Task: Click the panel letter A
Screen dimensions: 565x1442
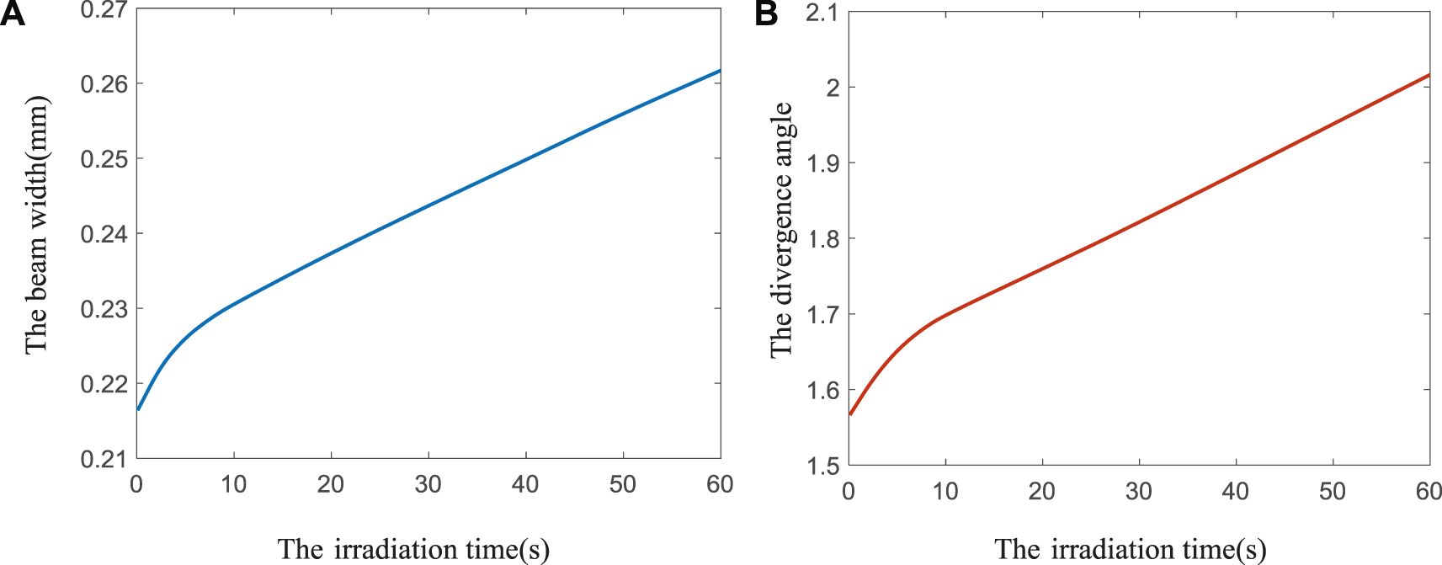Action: [x=13, y=14]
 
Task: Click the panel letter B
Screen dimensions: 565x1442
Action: [x=766, y=14]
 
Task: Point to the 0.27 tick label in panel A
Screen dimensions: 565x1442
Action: [x=104, y=10]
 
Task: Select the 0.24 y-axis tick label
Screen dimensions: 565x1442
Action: [x=104, y=234]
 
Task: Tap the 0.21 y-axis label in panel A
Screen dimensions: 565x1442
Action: [x=104, y=459]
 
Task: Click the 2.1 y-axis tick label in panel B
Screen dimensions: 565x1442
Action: [x=822, y=13]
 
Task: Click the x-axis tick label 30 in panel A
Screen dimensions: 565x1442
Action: [x=428, y=484]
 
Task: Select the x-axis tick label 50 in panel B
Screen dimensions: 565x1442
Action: [x=1333, y=491]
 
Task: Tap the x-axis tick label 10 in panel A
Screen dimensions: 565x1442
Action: [x=234, y=484]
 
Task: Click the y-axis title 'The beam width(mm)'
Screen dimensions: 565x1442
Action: [x=36, y=225]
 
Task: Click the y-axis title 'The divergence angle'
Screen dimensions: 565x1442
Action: [x=782, y=230]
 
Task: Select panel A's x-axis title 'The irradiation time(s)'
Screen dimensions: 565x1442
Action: [x=413, y=549]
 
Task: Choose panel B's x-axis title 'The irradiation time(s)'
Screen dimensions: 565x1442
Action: [x=1130, y=549]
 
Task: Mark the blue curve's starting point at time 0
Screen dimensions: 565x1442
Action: [x=138, y=409]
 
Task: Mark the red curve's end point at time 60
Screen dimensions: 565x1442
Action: [x=1429, y=76]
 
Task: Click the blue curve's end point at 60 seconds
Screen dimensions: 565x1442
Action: [x=720, y=71]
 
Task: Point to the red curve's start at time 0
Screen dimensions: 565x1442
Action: [x=850, y=414]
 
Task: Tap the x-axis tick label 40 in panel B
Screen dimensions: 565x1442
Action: [x=1236, y=491]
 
